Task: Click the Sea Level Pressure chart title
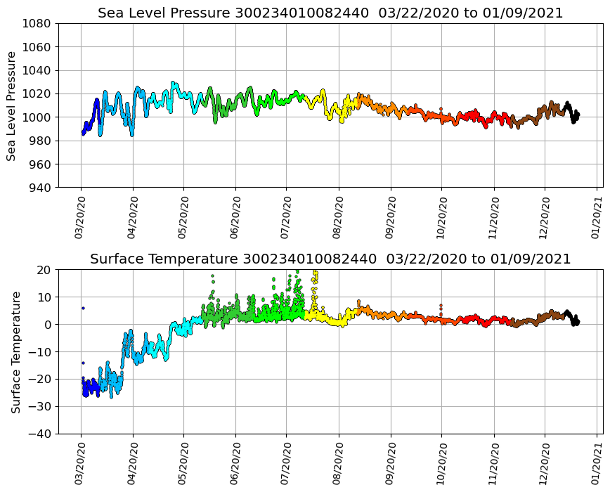tap(330, 13)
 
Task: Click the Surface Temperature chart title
tap(330, 259)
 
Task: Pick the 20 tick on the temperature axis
tap(44, 270)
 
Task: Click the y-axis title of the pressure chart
tap(11, 105)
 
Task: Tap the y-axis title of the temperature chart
tap(15, 351)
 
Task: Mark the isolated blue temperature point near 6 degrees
tap(83, 308)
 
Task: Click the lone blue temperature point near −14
tap(83, 363)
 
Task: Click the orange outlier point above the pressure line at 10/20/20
tap(441, 109)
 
